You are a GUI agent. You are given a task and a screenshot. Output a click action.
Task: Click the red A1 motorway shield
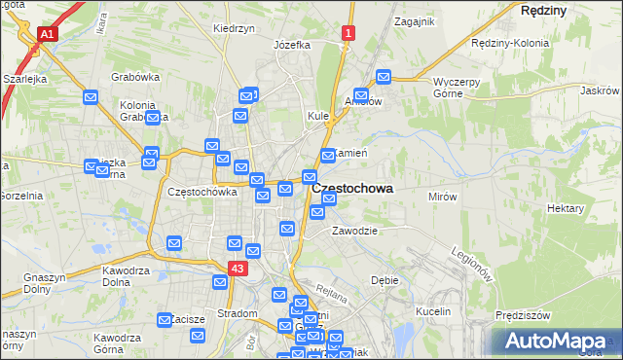tap(46, 34)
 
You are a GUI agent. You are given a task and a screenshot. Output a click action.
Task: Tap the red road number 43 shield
tap(238, 267)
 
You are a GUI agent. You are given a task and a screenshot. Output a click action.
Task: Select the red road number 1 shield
tap(347, 34)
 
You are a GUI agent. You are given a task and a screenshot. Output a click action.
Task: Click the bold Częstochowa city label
tap(352, 189)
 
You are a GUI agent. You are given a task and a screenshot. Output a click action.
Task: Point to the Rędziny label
tap(543, 9)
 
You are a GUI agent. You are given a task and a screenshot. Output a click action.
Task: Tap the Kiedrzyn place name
tap(234, 28)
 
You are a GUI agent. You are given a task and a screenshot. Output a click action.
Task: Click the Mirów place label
tap(443, 197)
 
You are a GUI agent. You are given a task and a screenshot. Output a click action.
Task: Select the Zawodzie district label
tap(353, 231)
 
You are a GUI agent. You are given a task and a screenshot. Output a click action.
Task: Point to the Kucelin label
tap(434, 311)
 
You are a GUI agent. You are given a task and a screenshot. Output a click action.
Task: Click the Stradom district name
tap(237, 313)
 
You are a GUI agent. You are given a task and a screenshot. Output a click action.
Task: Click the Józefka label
tap(292, 45)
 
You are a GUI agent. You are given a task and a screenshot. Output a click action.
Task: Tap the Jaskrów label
tap(600, 90)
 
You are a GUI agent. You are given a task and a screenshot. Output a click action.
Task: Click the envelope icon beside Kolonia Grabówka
tap(152, 120)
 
